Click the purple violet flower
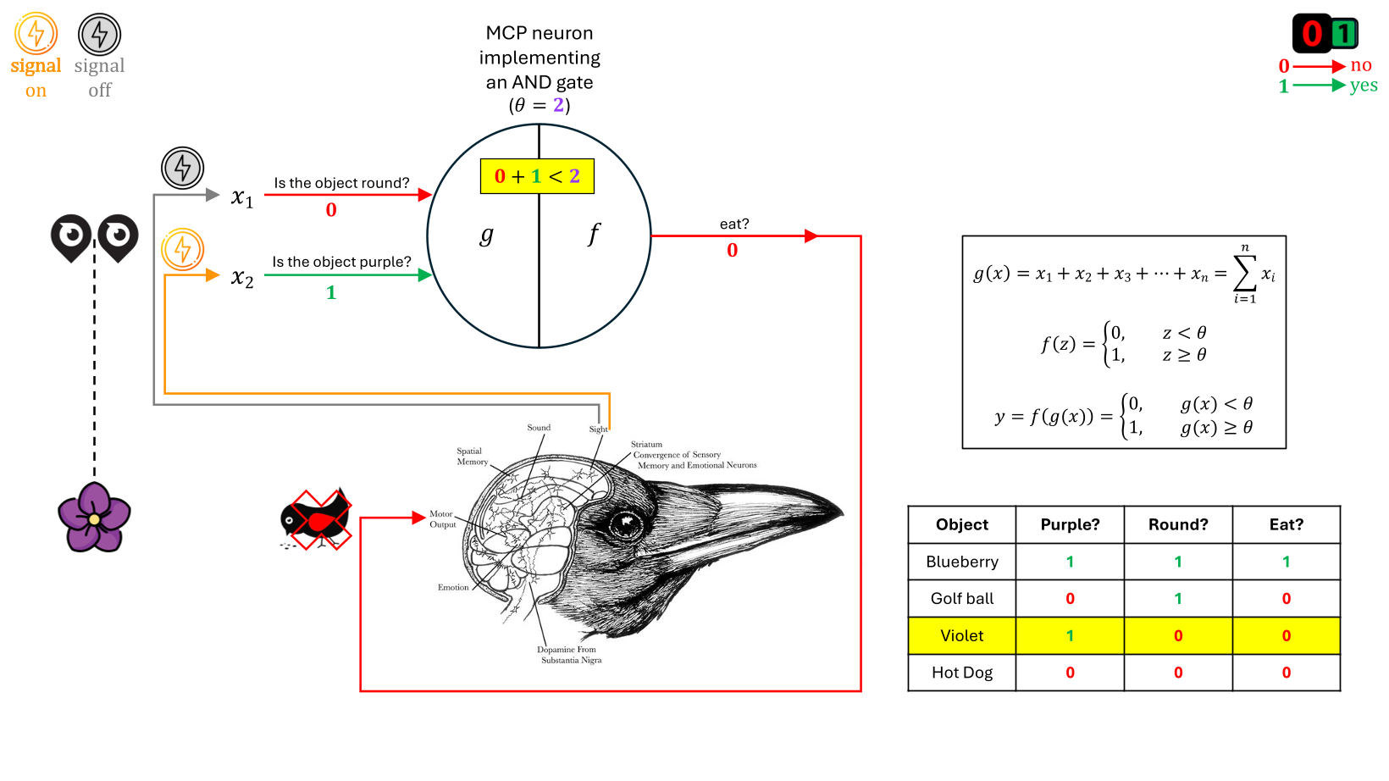[x=94, y=517]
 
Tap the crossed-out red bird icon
[x=316, y=519]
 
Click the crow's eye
[x=626, y=524]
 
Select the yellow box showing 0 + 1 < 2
[x=537, y=176]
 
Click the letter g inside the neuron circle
[x=486, y=235]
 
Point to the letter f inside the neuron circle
[x=594, y=234]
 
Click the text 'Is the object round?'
[x=341, y=183]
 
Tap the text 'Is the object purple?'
[x=341, y=262]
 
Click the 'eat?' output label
[x=734, y=224]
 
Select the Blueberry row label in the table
[x=962, y=562]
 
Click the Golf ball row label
[x=962, y=599]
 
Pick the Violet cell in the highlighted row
[x=962, y=635]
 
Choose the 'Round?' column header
[x=1178, y=524]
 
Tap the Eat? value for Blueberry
[x=1286, y=562]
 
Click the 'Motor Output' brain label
[x=442, y=519]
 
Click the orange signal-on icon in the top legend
[x=36, y=34]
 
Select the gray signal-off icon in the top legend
[x=100, y=34]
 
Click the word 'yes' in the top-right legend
[x=1364, y=86]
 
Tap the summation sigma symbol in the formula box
[x=1244, y=273]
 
